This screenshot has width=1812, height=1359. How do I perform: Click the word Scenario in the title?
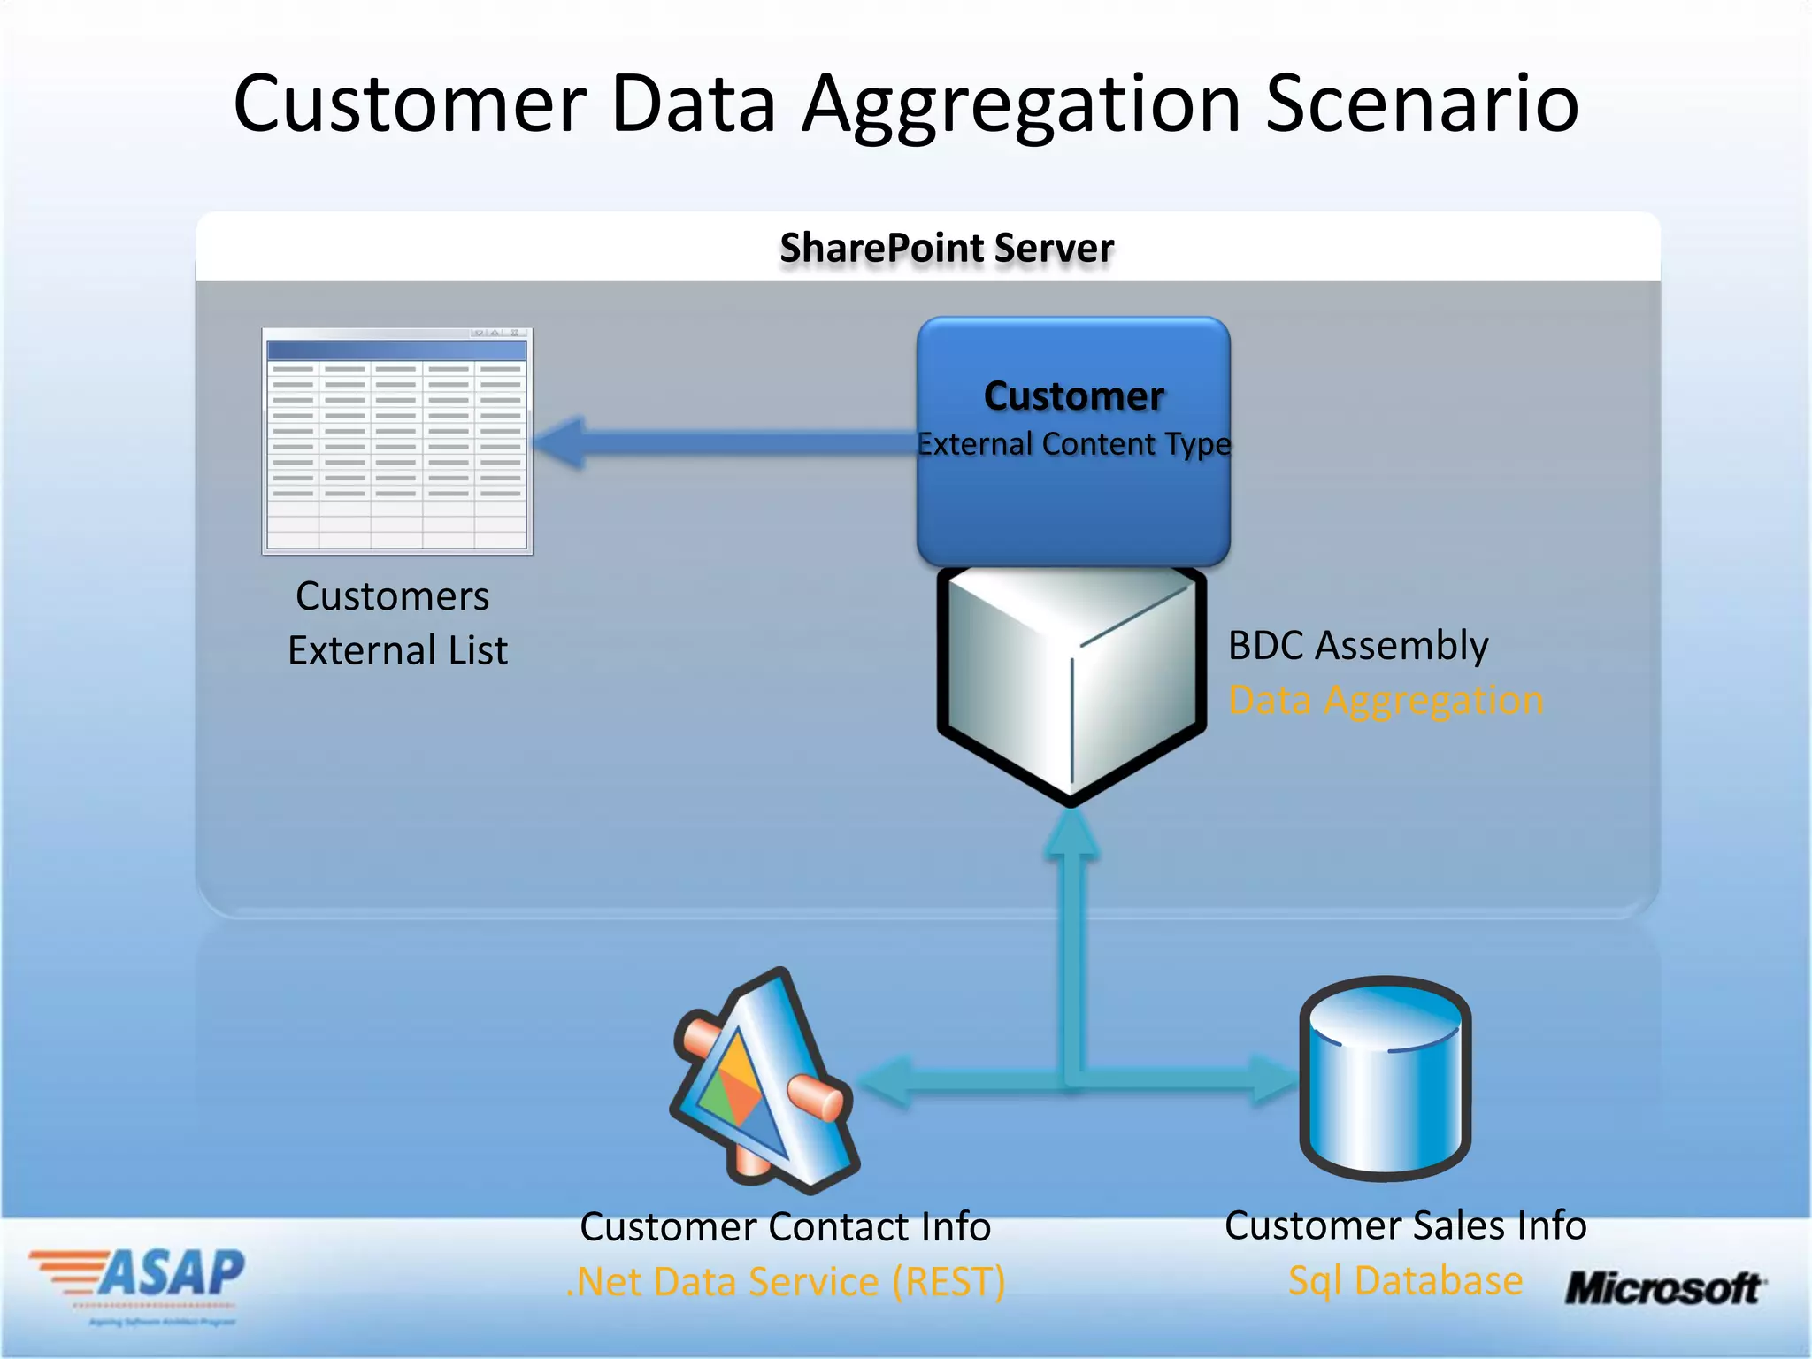click(1422, 104)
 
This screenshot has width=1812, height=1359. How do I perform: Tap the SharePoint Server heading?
click(946, 248)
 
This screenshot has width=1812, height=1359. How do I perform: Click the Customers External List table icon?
click(397, 441)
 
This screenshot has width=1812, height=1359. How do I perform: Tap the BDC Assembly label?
click(1357, 645)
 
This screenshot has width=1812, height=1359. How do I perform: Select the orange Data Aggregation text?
click(1386, 700)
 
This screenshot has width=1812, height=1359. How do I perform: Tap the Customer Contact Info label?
click(785, 1226)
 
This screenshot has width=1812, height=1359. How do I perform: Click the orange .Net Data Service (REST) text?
click(785, 1281)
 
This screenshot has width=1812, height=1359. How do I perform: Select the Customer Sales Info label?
click(1405, 1225)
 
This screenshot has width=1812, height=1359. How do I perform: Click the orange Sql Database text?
click(1405, 1280)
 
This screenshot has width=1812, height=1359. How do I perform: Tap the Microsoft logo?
click(1664, 1288)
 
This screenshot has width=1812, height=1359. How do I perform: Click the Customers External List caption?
click(396, 623)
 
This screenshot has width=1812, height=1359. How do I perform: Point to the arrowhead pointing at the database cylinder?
click(1274, 1079)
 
